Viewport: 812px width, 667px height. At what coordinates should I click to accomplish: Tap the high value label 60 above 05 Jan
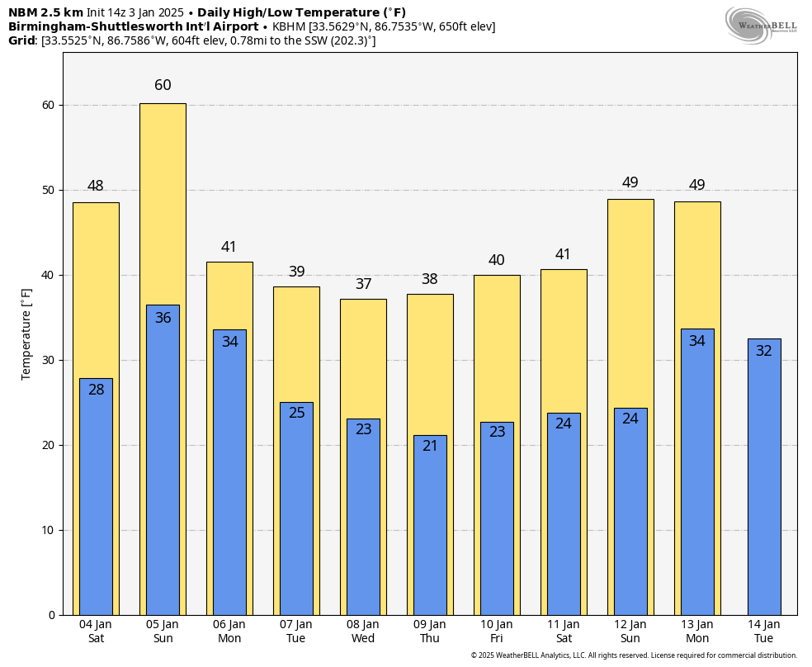coord(163,85)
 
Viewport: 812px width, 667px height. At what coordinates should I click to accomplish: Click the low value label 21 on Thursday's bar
coord(430,446)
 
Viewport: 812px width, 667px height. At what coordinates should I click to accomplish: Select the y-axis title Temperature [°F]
coord(26,333)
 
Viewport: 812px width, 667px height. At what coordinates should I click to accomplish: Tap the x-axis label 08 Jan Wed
coord(363,632)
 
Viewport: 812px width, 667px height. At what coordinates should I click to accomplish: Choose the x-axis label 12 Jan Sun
coord(630,632)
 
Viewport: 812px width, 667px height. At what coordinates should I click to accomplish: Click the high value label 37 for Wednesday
coord(363,284)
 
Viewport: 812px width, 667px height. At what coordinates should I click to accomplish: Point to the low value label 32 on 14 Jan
coord(764,351)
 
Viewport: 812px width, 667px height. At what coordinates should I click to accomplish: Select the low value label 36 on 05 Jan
coord(163,318)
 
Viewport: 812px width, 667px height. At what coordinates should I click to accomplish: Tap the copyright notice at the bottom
coord(634,655)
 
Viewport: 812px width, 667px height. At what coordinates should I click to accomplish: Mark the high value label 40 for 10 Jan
coord(496,261)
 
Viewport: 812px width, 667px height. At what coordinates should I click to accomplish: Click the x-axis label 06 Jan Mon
coord(229,632)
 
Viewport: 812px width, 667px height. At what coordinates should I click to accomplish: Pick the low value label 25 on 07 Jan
coord(296,413)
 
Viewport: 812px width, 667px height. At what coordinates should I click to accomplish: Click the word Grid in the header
coord(22,40)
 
